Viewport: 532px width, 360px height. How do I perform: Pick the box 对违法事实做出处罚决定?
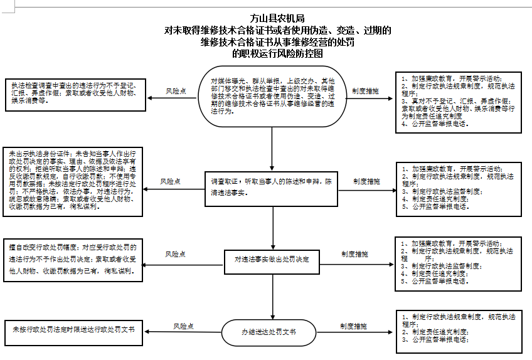(272, 258)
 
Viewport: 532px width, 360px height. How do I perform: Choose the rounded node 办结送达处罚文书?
(269, 331)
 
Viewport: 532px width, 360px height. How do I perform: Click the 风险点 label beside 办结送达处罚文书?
(183, 326)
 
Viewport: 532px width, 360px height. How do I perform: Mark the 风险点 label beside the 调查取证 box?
(170, 181)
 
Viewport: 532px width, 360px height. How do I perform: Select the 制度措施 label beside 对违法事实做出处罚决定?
(355, 254)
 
